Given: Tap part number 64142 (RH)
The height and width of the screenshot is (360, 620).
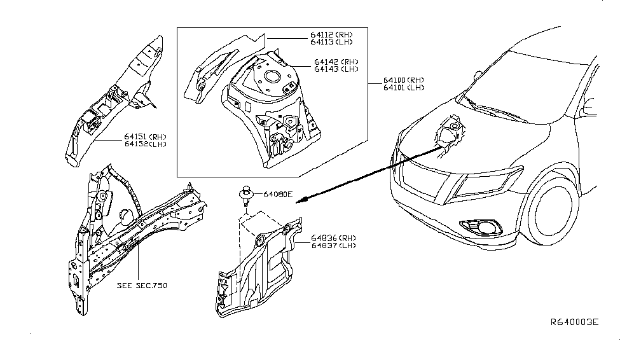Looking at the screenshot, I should tap(335, 62).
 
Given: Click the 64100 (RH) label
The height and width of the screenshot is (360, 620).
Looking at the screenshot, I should tap(403, 80).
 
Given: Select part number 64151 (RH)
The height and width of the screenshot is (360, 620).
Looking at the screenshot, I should tap(146, 136).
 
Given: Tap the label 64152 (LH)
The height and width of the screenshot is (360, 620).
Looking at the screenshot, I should tap(146, 143).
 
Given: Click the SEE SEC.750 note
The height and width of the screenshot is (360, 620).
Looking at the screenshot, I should tap(141, 286).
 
